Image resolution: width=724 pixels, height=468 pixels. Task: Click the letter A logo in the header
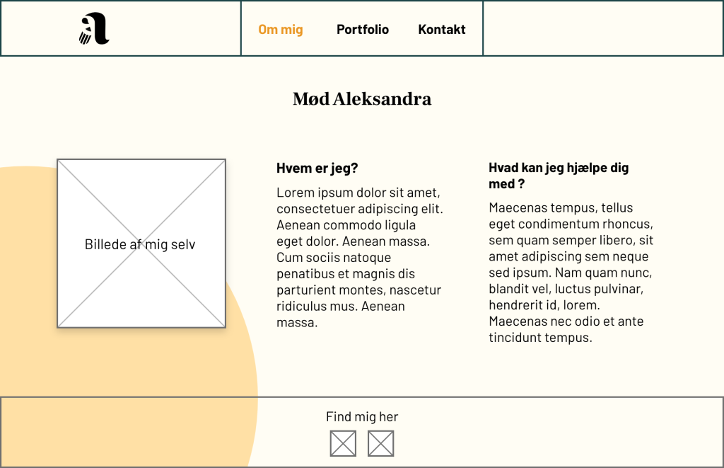(x=94, y=29)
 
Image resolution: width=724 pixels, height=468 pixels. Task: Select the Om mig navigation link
(x=281, y=29)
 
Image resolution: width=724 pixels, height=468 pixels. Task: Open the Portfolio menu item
(x=363, y=29)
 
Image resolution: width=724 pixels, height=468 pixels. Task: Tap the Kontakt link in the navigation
(x=442, y=29)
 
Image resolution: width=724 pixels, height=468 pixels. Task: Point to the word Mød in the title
(x=310, y=99)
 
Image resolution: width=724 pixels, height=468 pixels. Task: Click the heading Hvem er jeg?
(x=317, y=169)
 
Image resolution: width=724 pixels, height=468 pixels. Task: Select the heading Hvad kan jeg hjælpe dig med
(x=559, y=176)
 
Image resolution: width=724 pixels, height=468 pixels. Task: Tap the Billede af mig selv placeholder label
(x=140, y=245)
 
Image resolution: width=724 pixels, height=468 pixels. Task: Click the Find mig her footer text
(x=362, y=417)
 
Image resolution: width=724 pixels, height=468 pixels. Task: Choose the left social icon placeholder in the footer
(x=343, y=443)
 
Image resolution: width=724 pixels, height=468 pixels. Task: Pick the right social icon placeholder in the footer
(x=380, y=443)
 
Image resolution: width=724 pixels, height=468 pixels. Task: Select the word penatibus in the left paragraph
(x=305, y=274)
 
